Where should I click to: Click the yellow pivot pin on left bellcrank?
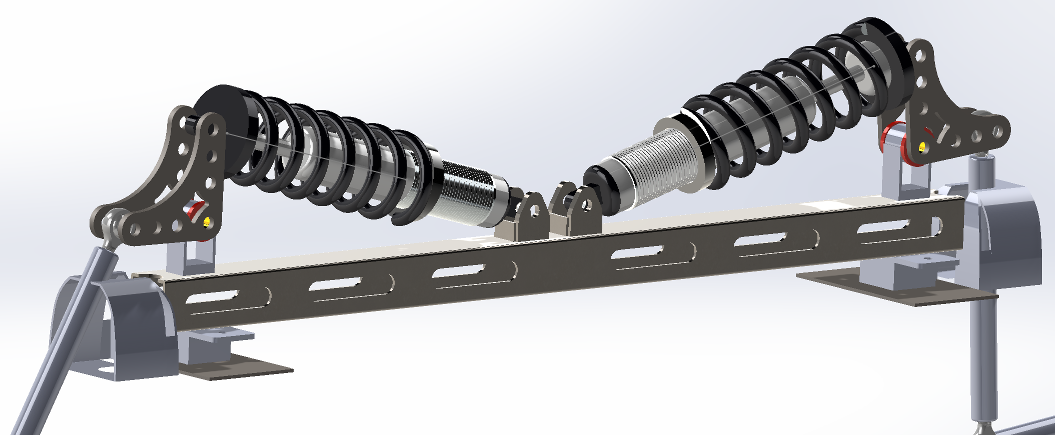pyautogui.click(x=207, y=221)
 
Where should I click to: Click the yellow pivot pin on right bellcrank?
pyautogui.click(x=922, y=146)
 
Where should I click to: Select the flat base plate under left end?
pyautogui.click(x=235, y=367)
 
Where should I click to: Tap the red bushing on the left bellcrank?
pyautogui.click(x=193, y=210)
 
